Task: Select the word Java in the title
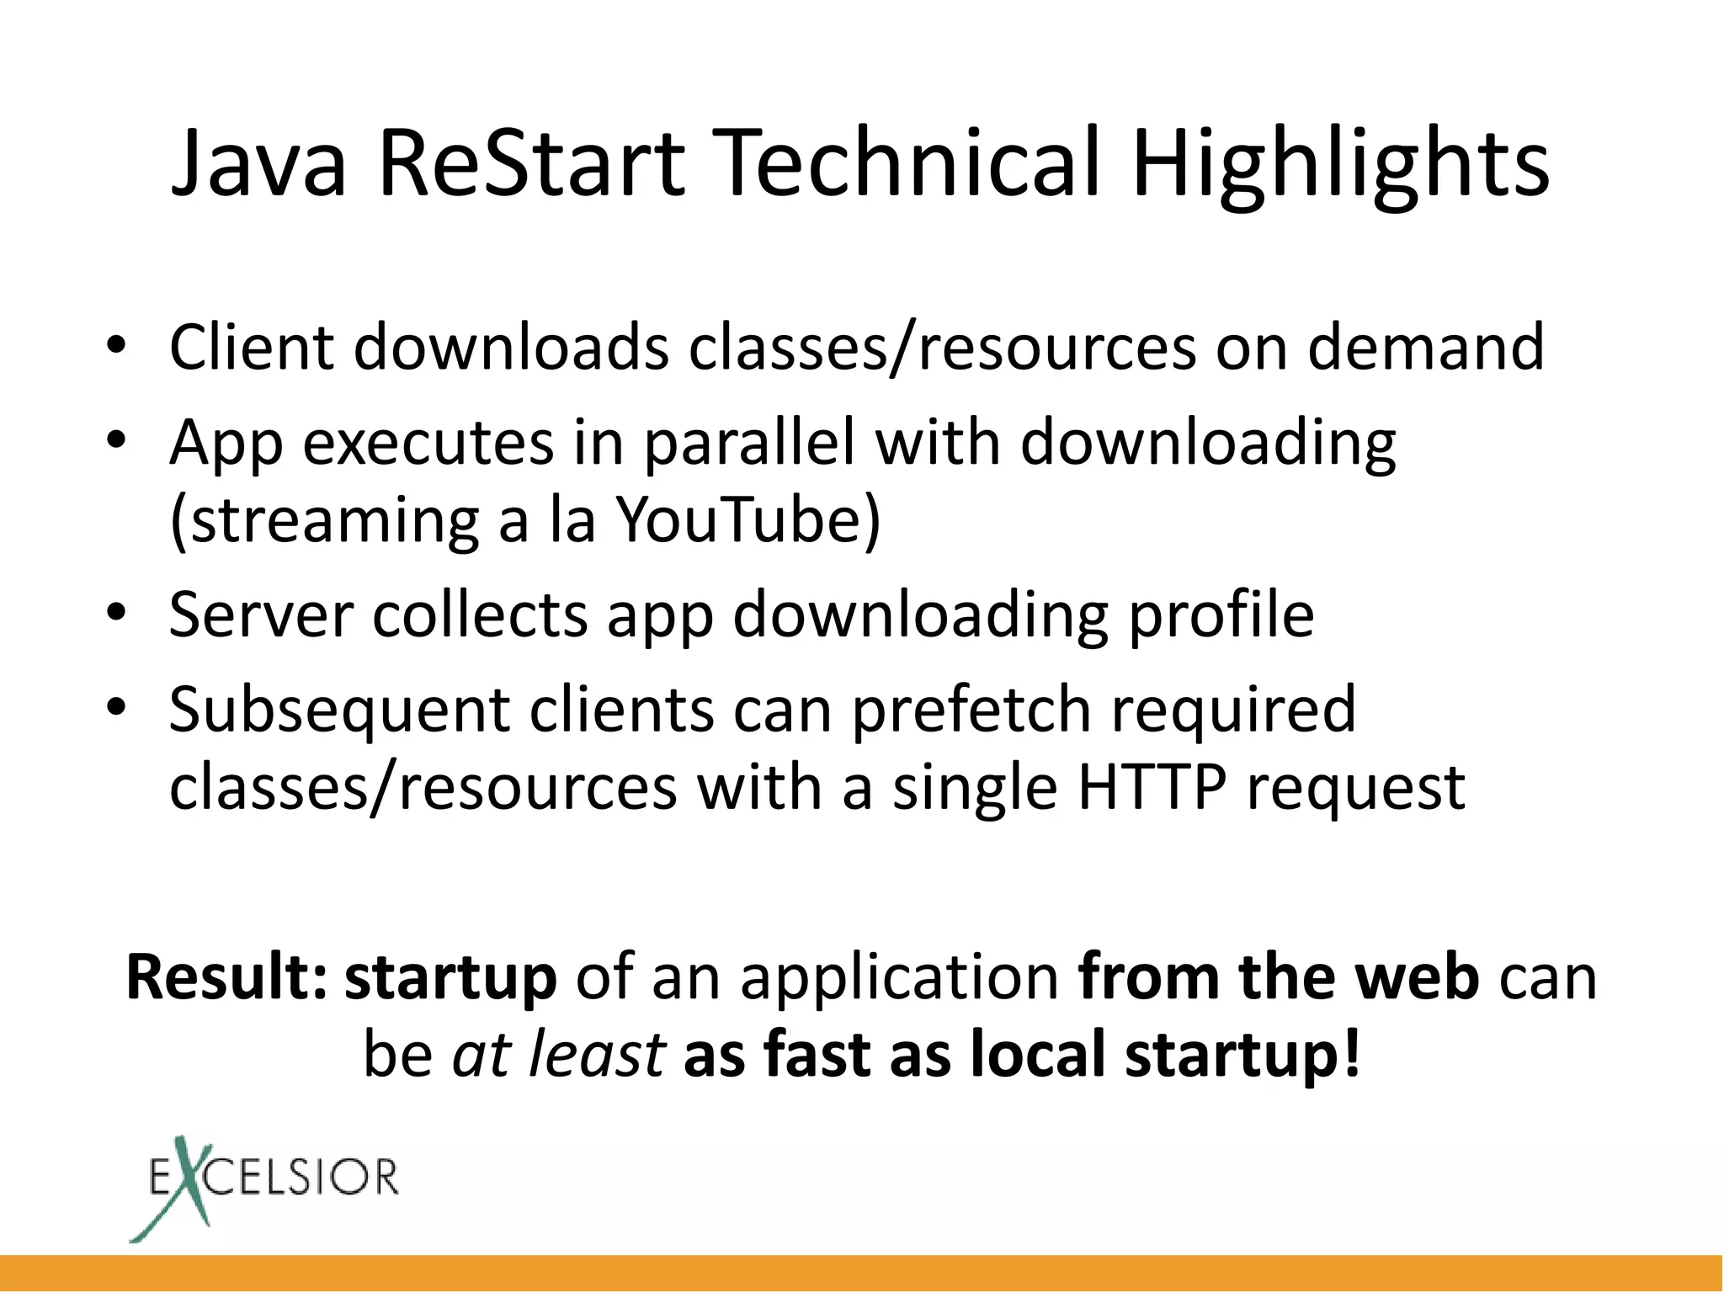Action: [x=258, y=164]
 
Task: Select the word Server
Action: [x=261, y=614]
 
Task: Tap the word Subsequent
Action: [x=339, y=710]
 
